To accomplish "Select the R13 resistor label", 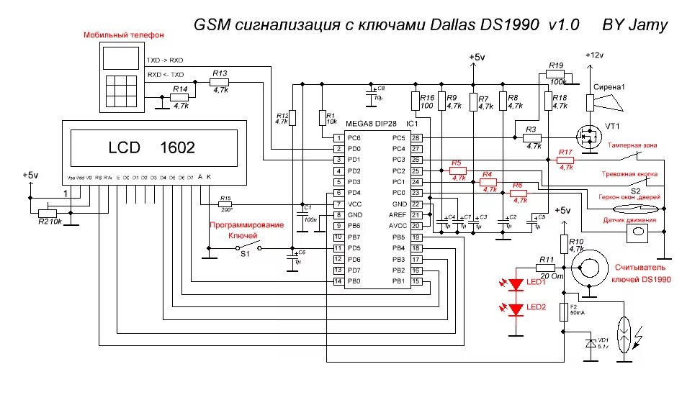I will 220,73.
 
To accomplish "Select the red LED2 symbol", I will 516,309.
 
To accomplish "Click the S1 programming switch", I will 245,248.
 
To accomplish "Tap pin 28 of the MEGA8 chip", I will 416,137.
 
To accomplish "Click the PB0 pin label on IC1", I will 353,281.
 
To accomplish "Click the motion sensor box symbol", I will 637,232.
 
